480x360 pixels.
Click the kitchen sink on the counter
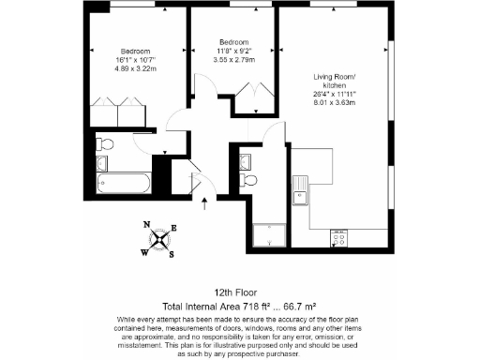tap(300, 195)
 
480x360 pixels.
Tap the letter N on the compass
tap(147, 225)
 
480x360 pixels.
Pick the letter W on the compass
tap(144, 251)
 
